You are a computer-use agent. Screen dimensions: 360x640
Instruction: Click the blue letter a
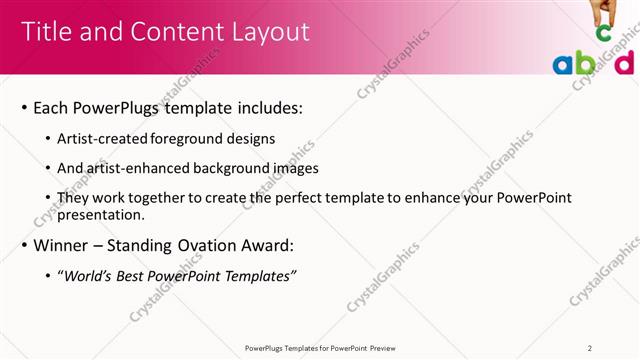(x=563, y=65)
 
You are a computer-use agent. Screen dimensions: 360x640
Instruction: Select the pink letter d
(x=624, y=62)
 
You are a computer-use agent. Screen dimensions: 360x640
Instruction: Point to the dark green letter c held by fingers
(x=603, y=33)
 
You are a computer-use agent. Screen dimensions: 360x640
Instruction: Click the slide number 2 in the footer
(x=590, y=347)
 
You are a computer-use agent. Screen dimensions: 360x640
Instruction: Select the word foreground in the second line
(x=205, y=138)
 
